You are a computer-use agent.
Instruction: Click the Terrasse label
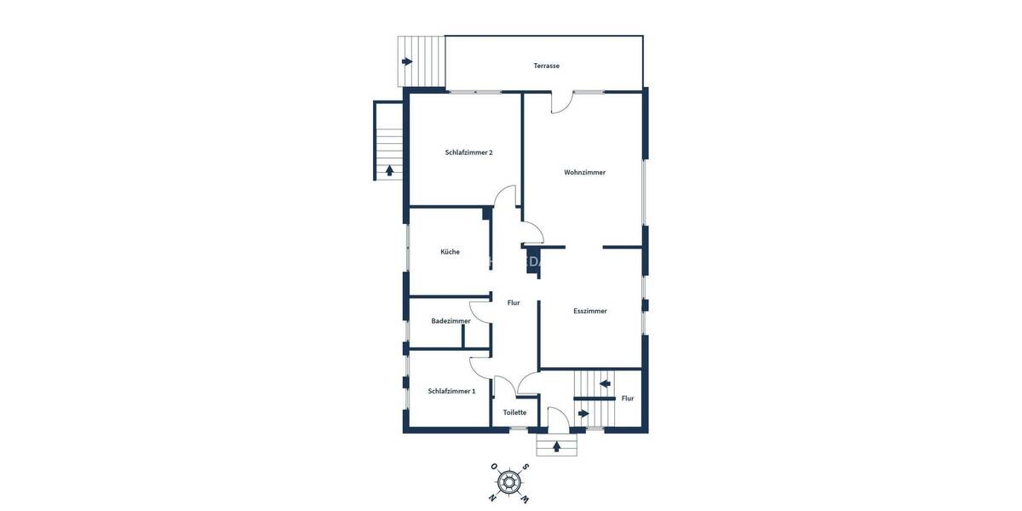pyautogui.click(x=546, y=66)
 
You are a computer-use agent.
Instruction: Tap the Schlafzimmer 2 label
pyautogui.click(x=468, y=152)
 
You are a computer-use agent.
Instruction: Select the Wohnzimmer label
pyautogui.click(x=584, y=172)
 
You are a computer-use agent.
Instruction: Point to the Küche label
pyautogui.click(x=450, y=251)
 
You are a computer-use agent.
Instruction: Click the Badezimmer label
pyautogui.click(x=451, y=321)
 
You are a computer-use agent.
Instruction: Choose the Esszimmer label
pyautogui.click(x=590, y=311)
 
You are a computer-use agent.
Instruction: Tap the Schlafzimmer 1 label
pyautogui.click(x=451, y=391)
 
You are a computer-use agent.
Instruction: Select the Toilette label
pyautogui.click(x=514, y=412)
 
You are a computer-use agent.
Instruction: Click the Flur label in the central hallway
pyautogui.click(x=514, y=302)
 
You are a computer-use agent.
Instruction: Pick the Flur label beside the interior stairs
pyautogui.click(x=628, y=398)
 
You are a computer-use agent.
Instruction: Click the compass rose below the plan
pyautogui.click(x=509, y=482)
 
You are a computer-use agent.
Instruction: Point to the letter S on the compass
pyautogui.click(x=526, y=467)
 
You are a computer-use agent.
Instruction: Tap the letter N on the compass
pyautogui.click(x=493, y=497)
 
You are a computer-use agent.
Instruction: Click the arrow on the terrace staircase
pyautogui.click(x=407, y=61)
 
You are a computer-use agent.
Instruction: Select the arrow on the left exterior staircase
pyautogui.click(x=389, y=169)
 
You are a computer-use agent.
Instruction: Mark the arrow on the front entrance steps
pyautogui.click(x=557, y=445)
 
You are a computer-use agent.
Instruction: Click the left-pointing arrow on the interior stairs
pyautogui.click(x=605, y=383)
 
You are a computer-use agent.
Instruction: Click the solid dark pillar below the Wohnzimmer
pyautogui.click(x=532, y=260)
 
